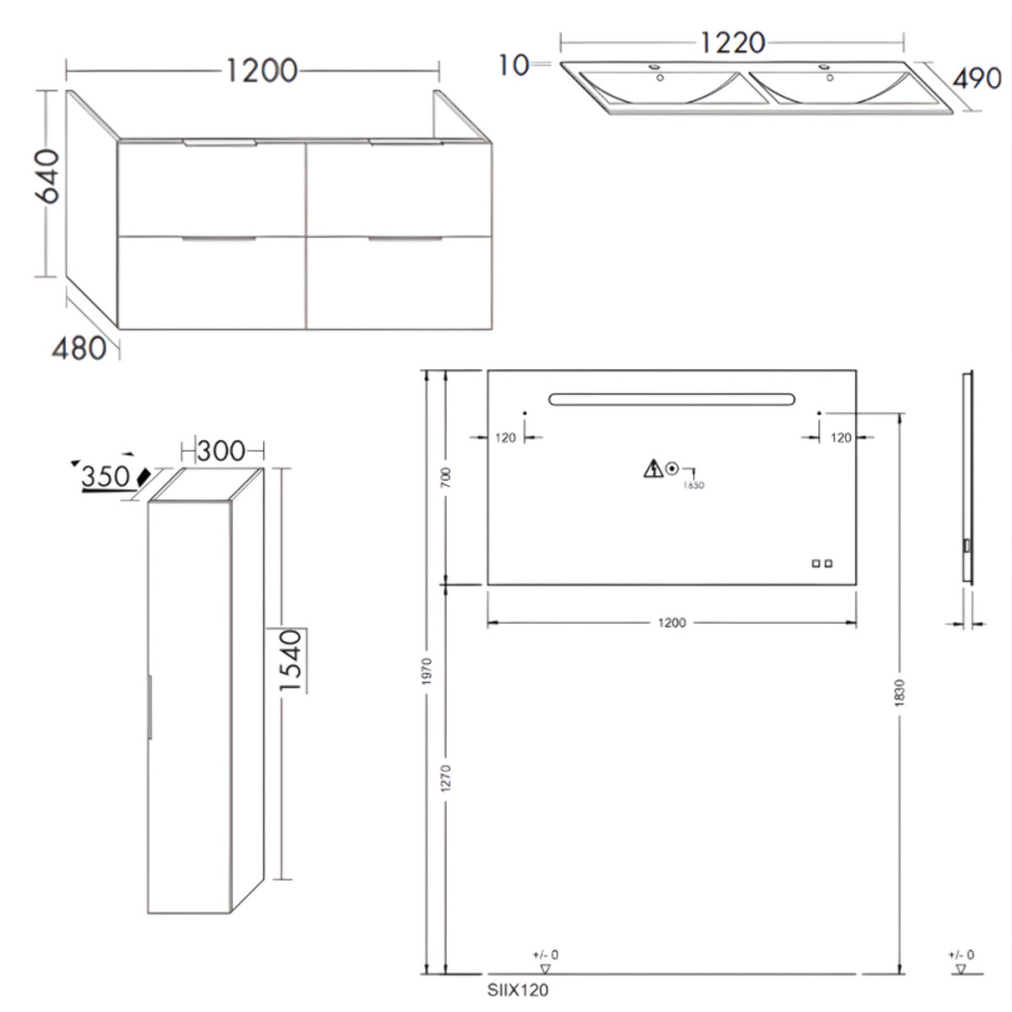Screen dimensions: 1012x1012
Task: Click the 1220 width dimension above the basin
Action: [x=731, y=42]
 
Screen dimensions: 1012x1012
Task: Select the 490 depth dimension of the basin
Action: [x=977, y=78]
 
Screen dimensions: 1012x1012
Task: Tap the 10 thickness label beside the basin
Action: [x=513, y=64]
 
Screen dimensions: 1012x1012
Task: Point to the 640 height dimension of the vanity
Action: [x=49, y=175]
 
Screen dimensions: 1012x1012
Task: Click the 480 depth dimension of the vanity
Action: [x=79, y=347]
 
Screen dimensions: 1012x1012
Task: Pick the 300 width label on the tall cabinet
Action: [x=221, y=451]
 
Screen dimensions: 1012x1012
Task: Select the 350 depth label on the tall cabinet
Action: [x=106, y=476]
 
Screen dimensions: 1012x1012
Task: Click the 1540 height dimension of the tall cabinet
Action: [x=290, y=660]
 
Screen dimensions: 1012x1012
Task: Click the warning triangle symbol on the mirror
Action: [x=653, y=468]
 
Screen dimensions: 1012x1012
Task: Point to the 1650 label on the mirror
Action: [x=694, y=485]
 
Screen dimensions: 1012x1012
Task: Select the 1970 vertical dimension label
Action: [x=427, y=670]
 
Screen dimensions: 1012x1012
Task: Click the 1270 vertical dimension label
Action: [x=447, y=778]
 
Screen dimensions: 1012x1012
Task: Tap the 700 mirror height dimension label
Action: [x=447, y=477]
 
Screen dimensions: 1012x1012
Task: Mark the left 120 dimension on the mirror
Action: [x=505, y=437]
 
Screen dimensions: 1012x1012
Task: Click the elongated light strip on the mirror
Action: [x=671, y=399]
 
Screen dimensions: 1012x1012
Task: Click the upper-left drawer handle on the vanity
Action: [x=218, y=143]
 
